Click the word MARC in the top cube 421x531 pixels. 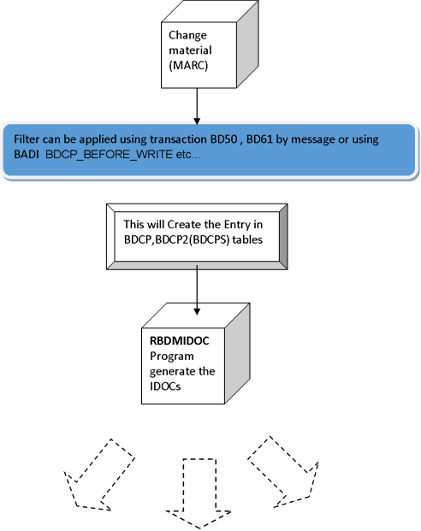click(x=188, y=65)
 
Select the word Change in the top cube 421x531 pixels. click(x=187, y=35)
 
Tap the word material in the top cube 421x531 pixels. click(x=190, y=50)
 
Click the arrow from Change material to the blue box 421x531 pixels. click(x=197, y=106)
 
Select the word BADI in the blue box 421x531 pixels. click(x=27, y=155)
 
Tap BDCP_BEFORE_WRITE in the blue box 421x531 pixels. click(x=110, y=155)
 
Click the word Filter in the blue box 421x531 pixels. click(x=27, y=139)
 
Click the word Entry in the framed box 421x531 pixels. click(x=237, y=225)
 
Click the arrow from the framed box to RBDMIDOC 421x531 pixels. click(x=197, y=290)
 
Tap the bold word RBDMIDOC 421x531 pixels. click(x=180, y=340)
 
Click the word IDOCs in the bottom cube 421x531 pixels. click(x=165, y=386)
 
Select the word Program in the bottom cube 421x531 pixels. click(x=172, y=357)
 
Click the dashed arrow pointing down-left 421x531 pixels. click(x=99, y=475)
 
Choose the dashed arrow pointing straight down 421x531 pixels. click(x=199, y=493)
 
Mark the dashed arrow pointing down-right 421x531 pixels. click(x=283, y=472)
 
